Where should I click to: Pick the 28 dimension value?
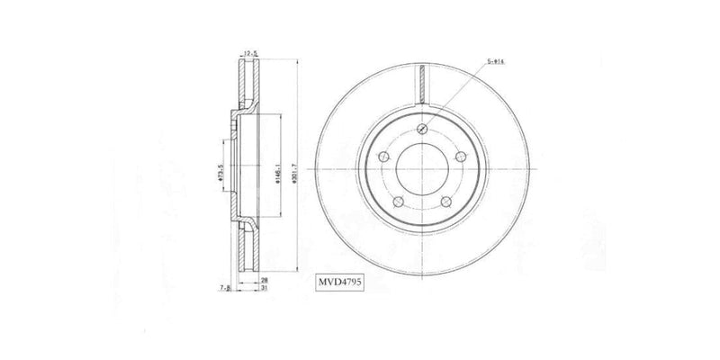click(x=264, y=281)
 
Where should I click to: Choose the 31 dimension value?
click(x=264, y=290)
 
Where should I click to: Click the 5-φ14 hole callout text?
click(x=496, y=60)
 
